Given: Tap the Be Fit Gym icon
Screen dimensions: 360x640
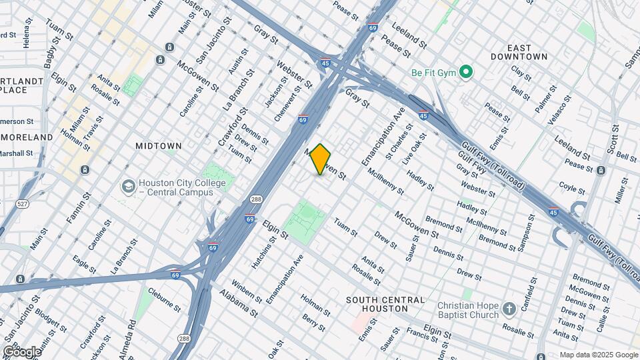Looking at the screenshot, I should tap(467, 71).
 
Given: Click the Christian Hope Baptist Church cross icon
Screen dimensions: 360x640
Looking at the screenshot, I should tap(509, 309).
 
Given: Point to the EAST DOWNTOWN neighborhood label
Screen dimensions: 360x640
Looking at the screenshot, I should tap(519, 53).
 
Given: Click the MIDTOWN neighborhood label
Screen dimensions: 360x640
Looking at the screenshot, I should tap(159, 145).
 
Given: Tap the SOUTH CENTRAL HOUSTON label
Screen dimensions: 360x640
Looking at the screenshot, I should tap(386, 305).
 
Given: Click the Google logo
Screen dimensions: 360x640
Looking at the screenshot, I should tap(21, 351).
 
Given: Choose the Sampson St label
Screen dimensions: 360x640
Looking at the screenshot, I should tap(526, 232).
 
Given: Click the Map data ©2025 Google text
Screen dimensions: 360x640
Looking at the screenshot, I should tap(599, 355).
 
